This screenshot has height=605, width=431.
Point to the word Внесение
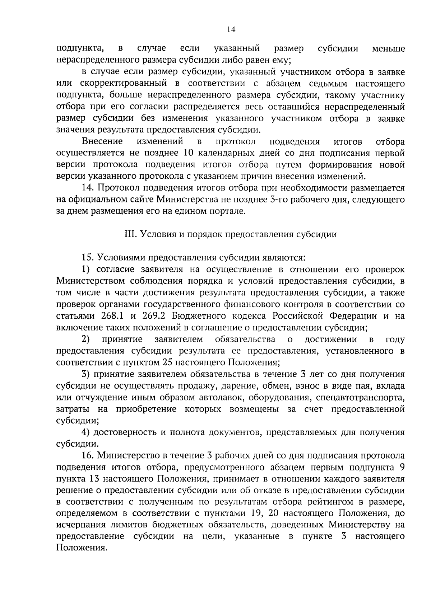coord(102,141)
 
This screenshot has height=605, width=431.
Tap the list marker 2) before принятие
coord(85,339)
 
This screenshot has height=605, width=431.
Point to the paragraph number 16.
coord(88,456)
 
